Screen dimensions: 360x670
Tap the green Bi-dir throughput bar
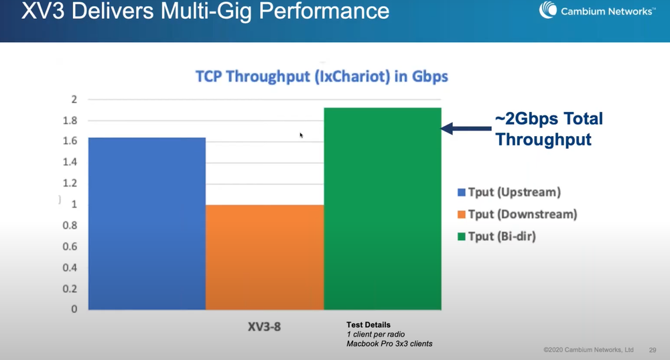coord(382,208)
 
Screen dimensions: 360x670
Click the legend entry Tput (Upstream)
coord(509,192)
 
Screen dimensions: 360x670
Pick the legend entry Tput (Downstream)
coord(517,215)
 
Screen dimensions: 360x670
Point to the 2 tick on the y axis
coord(74,100)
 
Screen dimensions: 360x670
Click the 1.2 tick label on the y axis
coord(70,183)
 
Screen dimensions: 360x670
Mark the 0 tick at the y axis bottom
coord(74,309)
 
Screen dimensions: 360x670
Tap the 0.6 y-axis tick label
coord(70,247)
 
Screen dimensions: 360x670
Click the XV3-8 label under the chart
coord(264,328)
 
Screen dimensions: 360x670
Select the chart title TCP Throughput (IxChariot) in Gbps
coord(322,76)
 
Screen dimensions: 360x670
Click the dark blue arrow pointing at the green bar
coord(465,129)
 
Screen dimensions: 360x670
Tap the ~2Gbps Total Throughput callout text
coord(548,129)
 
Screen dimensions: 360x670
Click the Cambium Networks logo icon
coord(549,10)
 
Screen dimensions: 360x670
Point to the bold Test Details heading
coord(368,325)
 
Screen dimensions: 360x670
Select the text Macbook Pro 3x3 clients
coord(389,344)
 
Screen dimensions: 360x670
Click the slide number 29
coord(653,350)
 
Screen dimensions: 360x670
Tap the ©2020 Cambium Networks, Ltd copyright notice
coord(588,350)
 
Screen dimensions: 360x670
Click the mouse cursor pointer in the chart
coord(301,135)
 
